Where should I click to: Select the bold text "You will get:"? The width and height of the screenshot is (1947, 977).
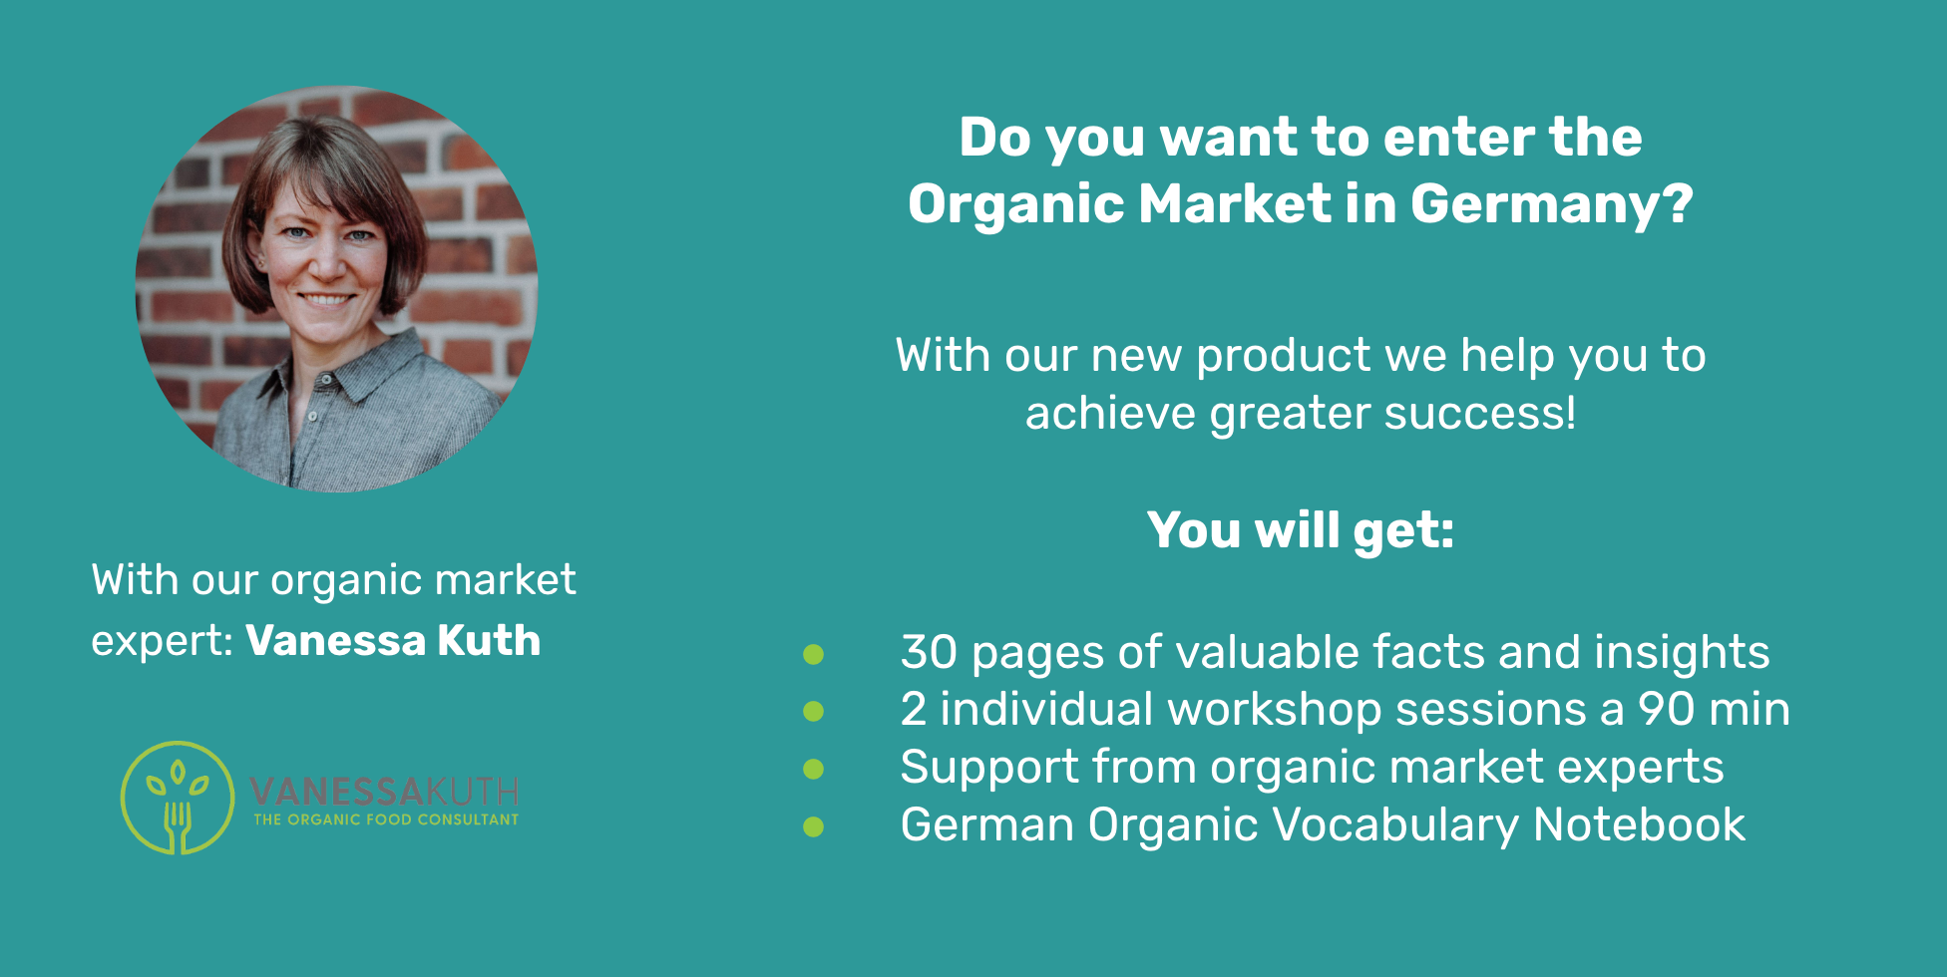[1301, 529]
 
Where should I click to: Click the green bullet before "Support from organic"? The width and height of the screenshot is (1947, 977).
[814, 769]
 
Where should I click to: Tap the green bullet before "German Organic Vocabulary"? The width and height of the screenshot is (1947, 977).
[814, 826]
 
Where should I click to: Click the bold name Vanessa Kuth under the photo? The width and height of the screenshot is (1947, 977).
[394, 640]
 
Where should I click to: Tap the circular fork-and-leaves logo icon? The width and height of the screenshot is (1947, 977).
[178, 798]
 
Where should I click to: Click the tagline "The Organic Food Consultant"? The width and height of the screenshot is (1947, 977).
[386, 819]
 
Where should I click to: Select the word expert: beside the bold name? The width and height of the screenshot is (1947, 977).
[163, 641]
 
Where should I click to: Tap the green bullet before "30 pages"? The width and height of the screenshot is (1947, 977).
[814, 654]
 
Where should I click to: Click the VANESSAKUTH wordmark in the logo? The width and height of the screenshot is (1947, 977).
[384, 792]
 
